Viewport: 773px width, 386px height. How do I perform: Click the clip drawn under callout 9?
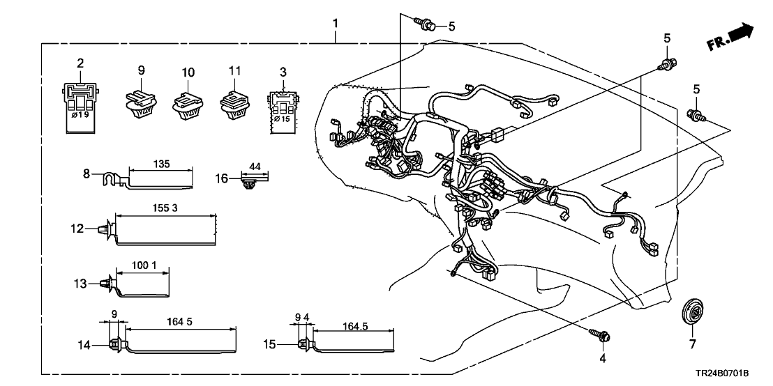pyautogui.click(x=142, y=105)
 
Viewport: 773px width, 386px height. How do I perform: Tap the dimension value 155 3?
pyautogui.click(x=164, y=208)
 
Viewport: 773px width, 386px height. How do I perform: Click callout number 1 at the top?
pyautogui.click(x=336, y=23)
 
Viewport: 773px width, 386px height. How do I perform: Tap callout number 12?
pyautogui.click(x=77, y=229)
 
